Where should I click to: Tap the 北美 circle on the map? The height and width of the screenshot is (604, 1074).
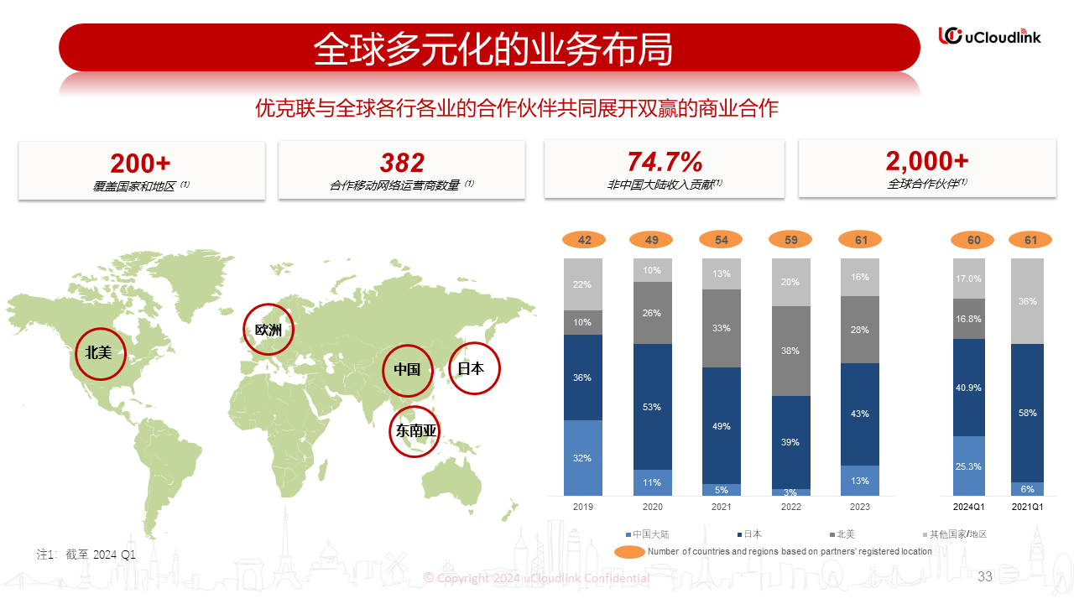click(x=98, y=352)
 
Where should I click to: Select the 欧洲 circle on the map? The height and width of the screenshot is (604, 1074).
click(x=268, y=330)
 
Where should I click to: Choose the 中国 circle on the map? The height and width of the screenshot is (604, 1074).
click(x=407, y=369)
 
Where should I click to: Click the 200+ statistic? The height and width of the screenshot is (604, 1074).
click(x=141, y=163)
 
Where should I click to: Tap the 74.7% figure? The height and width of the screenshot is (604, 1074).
click(x=665, y=162)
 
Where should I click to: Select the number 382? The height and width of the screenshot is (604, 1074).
click(x=402, y=163)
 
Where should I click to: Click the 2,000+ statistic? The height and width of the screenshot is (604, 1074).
click(x=927, y=161)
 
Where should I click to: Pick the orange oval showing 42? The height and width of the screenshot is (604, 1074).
click(x=584, y=241)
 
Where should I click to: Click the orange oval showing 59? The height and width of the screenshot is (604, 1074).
click(x=790, y=241)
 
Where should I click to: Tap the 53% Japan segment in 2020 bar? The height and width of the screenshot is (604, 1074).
click(x=653, y=407)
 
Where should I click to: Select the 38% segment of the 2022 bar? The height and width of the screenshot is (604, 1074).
click(x=790, y=351)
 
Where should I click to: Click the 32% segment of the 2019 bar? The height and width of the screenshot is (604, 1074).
click(x=583, y=457)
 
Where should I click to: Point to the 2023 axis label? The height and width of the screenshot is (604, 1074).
click(x=859, y=507)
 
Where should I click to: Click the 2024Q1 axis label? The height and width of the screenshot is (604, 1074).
click(x=968, y=507)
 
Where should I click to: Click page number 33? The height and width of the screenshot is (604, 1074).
click(x=985, y=576)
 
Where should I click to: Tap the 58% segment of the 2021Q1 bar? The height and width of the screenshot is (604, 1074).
click(x=1027, y=413)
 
